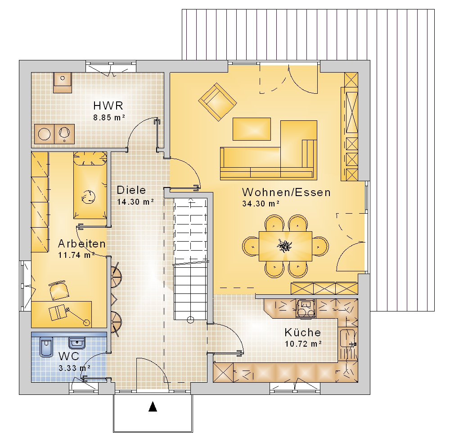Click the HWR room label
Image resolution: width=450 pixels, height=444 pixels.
pos(108,106)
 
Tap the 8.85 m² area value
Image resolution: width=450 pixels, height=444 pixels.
pos(109,117)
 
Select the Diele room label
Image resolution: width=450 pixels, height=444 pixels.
pos(131,190)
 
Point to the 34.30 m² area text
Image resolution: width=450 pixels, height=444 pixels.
pos(261,204)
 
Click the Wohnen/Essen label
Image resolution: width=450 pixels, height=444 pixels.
pos(286,192)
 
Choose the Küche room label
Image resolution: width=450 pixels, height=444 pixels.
pos(303,332)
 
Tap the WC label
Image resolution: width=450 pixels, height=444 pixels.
pos(69,356)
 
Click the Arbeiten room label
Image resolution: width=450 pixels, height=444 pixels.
pos(82,243)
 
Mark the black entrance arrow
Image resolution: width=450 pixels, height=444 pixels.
pos(153,407)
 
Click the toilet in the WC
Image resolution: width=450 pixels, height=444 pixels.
pos(46,347)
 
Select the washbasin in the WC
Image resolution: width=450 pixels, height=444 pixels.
pos(77,343)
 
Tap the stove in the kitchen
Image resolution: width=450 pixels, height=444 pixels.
pos(306,308)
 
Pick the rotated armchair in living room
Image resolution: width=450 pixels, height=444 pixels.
pos(217,102)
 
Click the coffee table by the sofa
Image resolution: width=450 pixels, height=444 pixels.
pos(252,129)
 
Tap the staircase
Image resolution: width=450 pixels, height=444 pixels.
pos(190,259)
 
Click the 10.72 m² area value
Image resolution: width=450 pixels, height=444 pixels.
pos(303,343)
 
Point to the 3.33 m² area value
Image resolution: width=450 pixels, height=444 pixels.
pos(75,368)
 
